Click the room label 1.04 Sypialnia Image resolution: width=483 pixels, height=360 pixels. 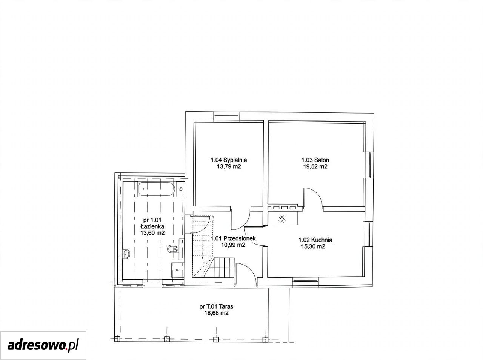click(x=229, y=160)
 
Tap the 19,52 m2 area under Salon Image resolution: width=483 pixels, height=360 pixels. click(x=315, y=166)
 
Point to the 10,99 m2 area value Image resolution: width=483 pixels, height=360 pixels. click(x=233, y=245)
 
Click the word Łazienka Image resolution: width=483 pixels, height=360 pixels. click(x=152, y=226)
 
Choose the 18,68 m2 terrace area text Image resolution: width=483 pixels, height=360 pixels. click(x=216, y=313)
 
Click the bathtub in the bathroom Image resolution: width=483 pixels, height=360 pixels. click(x=157, y=189)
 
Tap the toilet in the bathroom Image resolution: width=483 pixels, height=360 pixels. click(x=173, y=249)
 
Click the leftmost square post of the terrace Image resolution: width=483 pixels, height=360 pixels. click(x=117, y=339)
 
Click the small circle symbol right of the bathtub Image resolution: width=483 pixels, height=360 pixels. click(x=181, y=189)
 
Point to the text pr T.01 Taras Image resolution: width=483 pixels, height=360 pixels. click(x=216, y=306)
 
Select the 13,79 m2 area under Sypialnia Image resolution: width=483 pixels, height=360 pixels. click(x=229, y=166)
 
